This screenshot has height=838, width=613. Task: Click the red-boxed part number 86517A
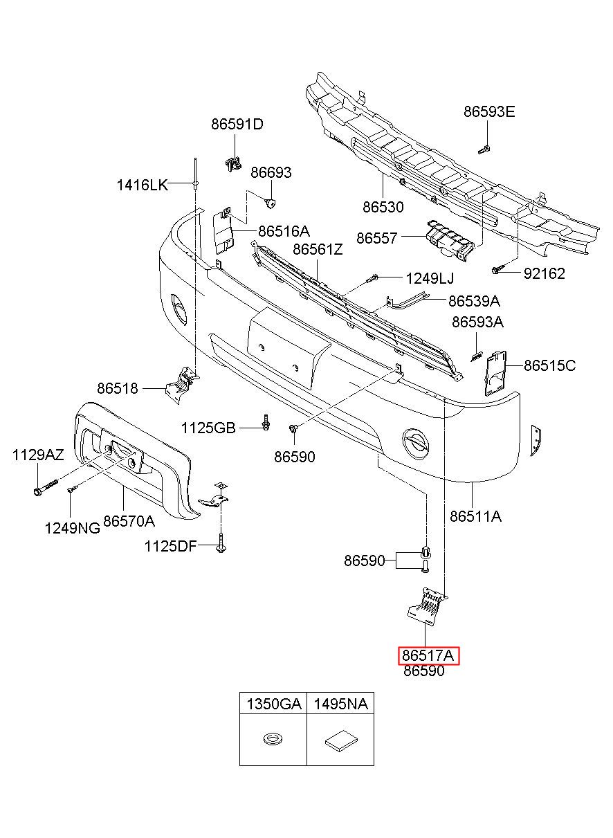428,656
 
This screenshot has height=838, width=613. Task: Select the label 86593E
489,111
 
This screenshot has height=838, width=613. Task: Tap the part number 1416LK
143,185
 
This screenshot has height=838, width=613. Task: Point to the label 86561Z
318,249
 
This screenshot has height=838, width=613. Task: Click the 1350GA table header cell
273,704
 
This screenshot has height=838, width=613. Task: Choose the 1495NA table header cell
340,704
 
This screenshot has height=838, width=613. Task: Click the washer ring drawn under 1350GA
273,739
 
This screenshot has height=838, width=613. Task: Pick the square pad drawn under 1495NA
340,740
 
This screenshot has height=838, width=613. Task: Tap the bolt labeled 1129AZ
45,486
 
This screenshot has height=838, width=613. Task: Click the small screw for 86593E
484,149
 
